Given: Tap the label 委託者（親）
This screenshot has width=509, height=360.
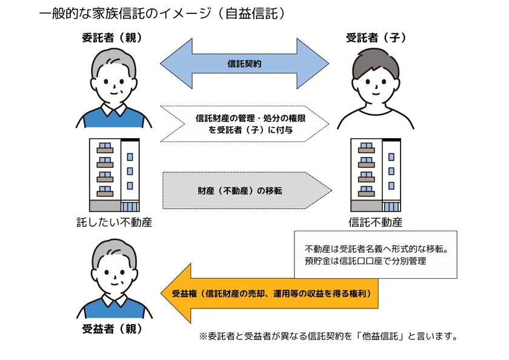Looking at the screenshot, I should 113,38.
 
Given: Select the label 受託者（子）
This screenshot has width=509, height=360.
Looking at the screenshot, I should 376,38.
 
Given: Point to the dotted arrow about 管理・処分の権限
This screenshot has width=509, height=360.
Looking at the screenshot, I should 245,124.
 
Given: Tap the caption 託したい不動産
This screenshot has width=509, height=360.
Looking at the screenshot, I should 113,222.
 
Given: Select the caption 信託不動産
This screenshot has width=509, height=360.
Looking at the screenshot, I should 376,222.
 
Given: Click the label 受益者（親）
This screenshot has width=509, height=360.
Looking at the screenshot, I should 113,330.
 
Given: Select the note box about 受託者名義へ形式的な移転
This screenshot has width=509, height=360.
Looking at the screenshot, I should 375,255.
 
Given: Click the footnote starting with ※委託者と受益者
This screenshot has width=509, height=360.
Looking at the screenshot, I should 327,336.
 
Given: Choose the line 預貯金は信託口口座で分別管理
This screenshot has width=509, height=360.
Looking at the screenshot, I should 366,261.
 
